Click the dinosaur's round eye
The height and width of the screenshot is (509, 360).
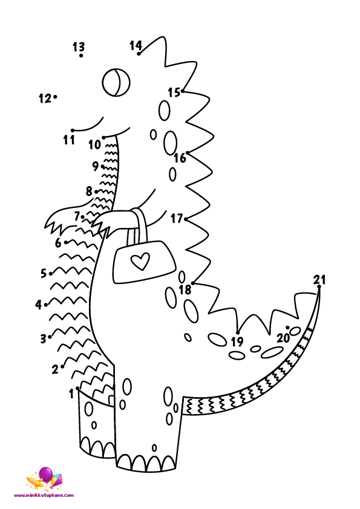pyautogui.click(x=116, y=82)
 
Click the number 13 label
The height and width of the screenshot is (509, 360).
pyautogui.click(x=78, y=47)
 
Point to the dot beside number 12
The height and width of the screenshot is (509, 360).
pyautogui.click(x=55, y=96)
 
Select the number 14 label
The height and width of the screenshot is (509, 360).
pyautogui.click(x=136, y=45)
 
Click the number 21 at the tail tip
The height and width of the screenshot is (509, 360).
pyautogui.click(x=319, y=279)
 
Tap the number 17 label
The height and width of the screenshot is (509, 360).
pyautogui.click(x=177, y=218)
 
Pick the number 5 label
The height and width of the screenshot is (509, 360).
pyautogui.click(x=44, y=273)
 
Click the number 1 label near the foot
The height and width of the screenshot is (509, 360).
pyautogui.click(x=71, y=394)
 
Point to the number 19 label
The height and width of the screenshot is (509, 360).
pyautogui.click(x=237, y=342)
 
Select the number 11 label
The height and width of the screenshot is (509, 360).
pyautogui.click(x=69, y=140)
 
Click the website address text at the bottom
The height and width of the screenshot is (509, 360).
pyautogui.click(x=44, y=495)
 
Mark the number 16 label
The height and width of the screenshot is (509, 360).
pyautogui.click(x=180, y=158)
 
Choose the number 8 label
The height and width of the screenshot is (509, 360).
pyautogui.click(x=89, y=191)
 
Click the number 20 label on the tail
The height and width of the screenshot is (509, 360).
pyautogui.click(x=283, y=339)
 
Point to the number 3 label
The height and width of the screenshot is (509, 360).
pyautogui.click(x=43, y=339)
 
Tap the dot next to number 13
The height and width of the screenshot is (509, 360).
pyautogui.click(x=81, y=56)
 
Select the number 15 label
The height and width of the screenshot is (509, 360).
pyautogui.click(x=174, y=92)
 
